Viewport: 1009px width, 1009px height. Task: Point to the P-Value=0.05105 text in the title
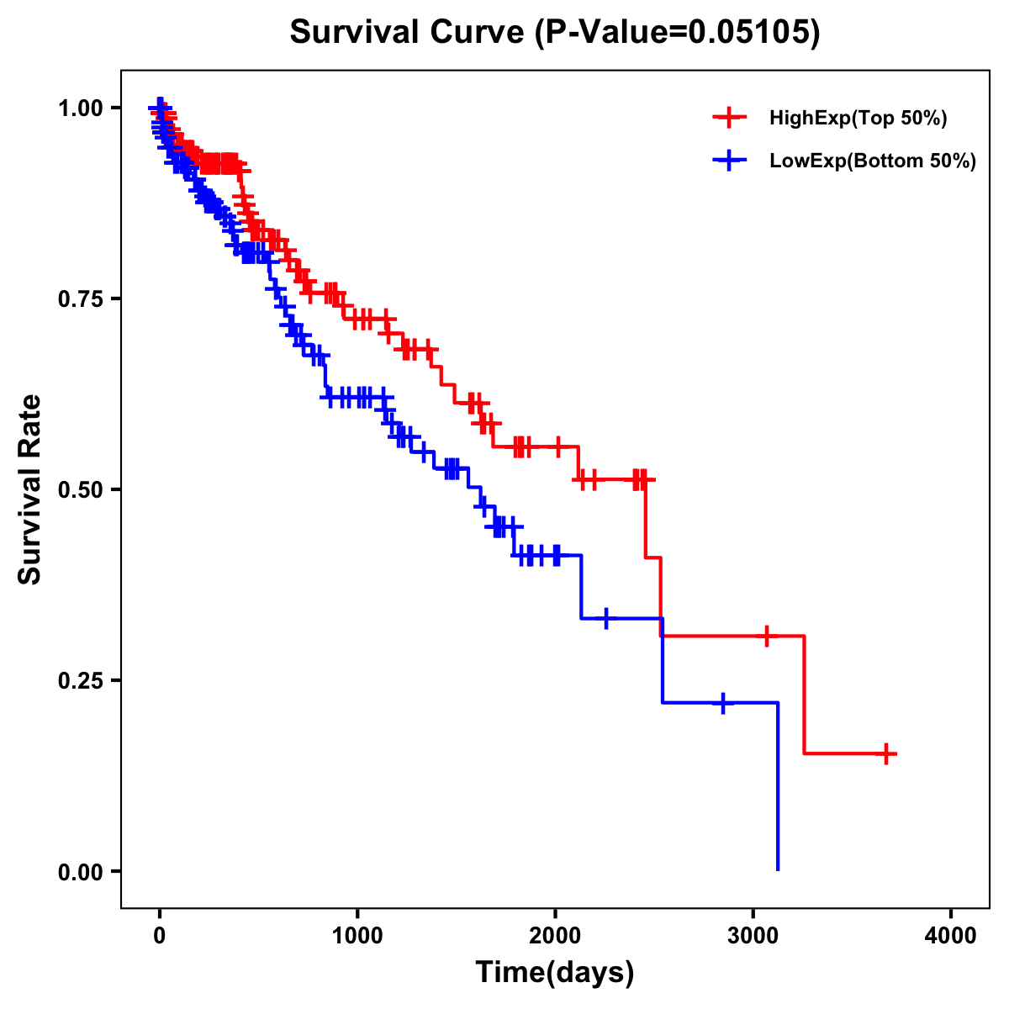point(680,32)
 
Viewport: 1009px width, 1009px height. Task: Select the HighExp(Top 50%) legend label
point(858,119)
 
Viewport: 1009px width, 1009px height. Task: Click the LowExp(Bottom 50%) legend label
point(873,161)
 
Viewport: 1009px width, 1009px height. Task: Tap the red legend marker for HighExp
point(729,119)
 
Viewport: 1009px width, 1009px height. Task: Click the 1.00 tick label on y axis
point(80,108)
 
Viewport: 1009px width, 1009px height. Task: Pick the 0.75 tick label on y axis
point(80,298)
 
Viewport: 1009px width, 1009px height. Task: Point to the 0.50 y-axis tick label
point(80,489)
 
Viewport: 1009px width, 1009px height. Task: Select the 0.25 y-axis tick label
point(80,680)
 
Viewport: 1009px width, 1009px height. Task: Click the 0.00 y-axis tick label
point(80,871)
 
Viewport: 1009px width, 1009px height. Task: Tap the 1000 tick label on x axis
point(357,936)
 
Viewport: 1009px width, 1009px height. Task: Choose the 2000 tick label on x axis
point(555,936)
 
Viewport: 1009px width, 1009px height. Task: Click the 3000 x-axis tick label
point(753,936)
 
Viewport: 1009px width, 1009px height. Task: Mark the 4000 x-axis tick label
point(951,936)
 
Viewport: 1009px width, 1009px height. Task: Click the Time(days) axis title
point(555,973)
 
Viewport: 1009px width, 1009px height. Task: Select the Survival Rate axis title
point(30,489)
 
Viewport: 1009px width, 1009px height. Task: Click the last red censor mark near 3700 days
point(886,753)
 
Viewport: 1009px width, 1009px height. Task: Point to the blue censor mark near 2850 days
point(722,702)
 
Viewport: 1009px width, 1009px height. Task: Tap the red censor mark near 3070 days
point(766,636)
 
